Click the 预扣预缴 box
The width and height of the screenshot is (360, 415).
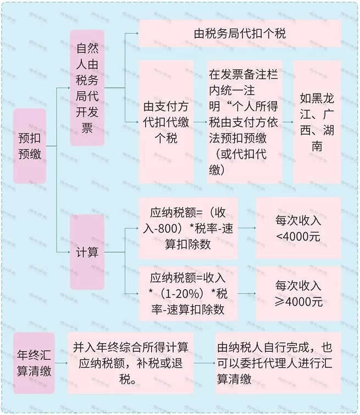coord(30,146)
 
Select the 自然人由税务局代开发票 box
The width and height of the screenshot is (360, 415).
coord(87,88)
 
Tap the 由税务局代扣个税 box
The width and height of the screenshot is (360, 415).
coord(240,34)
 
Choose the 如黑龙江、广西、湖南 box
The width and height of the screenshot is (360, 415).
coord(317,122)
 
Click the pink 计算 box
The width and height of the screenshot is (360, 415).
coord(87,252)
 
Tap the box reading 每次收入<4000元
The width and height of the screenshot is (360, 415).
coord(299,228)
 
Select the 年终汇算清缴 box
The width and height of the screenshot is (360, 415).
coord(34,363)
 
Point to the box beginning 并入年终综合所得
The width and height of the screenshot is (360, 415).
coord(131,363)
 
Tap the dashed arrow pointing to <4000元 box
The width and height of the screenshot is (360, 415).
coord(247,228)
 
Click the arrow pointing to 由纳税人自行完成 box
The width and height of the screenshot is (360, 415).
coord(204,363)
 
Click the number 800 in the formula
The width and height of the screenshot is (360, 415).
coord(168,228)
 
